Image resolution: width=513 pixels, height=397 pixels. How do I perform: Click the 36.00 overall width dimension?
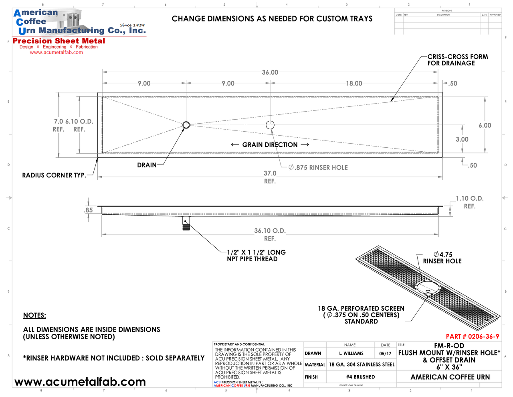click(270, 72)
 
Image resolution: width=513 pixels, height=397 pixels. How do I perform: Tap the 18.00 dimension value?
click(354, 83)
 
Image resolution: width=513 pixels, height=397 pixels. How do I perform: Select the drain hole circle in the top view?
click(186, 125)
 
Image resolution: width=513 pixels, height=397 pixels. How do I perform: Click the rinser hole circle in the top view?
click(270, 125)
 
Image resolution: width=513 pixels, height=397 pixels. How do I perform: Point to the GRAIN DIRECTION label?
click(270, 145)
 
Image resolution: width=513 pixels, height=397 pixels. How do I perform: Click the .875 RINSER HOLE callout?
click(318, 168)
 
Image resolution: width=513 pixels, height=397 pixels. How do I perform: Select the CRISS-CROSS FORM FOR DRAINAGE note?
click(457, 60)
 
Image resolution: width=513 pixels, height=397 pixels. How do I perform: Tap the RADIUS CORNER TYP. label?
click(54, 175)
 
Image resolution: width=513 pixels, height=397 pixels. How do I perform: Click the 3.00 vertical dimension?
click(462, 139)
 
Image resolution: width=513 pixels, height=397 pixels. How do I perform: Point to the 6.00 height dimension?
click(485, 125)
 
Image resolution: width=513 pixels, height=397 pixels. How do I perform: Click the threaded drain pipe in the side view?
click(186, 223)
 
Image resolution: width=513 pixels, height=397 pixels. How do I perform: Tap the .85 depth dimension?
click(89, 210)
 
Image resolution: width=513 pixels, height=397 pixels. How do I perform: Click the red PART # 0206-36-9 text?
click(472, 336)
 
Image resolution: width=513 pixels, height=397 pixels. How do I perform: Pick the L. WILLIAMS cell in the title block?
click(351, 354)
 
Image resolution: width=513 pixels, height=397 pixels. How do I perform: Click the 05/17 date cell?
click(385, 354)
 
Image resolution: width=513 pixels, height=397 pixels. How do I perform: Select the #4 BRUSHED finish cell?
click(361, 377)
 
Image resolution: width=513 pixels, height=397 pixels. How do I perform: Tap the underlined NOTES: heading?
click(34, 316)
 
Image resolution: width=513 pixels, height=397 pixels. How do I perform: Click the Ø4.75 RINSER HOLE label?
click(442, 258)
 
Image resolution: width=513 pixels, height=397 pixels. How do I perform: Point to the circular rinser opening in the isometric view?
click(428, 288)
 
